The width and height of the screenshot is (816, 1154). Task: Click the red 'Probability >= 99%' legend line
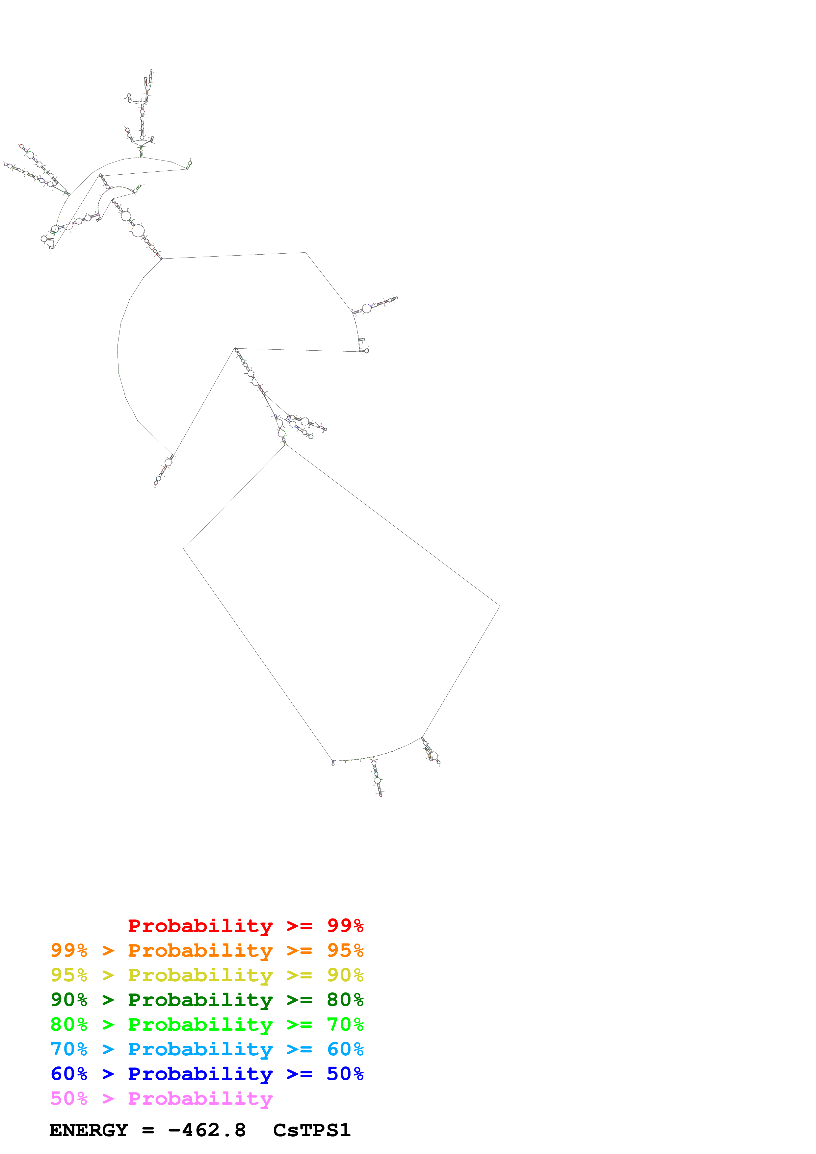[x=245, y=926]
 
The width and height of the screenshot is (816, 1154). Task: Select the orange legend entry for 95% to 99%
[x=207, y=950]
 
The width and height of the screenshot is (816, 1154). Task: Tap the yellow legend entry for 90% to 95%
[x=207, y=975]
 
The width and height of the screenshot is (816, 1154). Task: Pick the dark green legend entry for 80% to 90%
[x=207, y=1000]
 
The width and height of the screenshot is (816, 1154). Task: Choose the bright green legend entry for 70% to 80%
[x=207, y=1024]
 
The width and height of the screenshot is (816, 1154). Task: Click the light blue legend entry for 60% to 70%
[x=207, y=1049]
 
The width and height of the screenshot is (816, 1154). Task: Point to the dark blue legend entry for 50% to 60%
[x=207, y=1074]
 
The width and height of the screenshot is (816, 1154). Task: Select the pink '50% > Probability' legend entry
[x=161, y=1098]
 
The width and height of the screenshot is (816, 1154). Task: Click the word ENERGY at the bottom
[x=89, y=1130]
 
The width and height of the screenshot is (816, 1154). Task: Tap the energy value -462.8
[x=207, y=1130]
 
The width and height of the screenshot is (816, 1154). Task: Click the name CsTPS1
[x=312, y=1130]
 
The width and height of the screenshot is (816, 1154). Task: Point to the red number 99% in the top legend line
[x=345, y=926]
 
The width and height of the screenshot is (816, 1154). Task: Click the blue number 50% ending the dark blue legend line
[x=345, y=1074]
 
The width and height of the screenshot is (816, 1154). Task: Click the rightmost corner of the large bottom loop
[x=500, y=606]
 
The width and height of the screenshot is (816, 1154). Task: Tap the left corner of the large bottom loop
[x=184, y=549]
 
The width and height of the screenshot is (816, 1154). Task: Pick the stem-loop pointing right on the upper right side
[x=377, y=305]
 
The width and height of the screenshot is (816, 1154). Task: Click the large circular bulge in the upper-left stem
[x=138, y=231]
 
